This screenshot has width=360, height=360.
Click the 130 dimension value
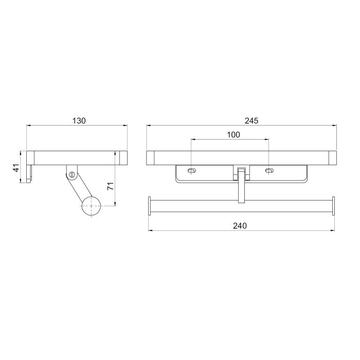pyautogui.click(x=79, y=120)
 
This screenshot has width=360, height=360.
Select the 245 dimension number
pyautogui.click(x=251, y=120)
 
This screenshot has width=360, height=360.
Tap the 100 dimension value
pyautogui.click(x=233, y=135)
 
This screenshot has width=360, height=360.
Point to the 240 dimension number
pyautogui.click(x=240, y=226)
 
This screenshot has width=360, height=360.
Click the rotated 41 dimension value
pyautogui.click(x=16, y=168)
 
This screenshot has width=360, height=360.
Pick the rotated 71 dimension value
pyautogui.click(x=111, y=186)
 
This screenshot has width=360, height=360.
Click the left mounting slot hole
pyautogui.click(x=192, y=171)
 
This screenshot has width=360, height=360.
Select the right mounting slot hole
pyautogui.click(x=269, y=171)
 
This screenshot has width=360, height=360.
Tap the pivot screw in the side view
pyautogui.click(x=72, y=174)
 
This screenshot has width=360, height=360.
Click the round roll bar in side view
pyautogui.click(x=92, y=206)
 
